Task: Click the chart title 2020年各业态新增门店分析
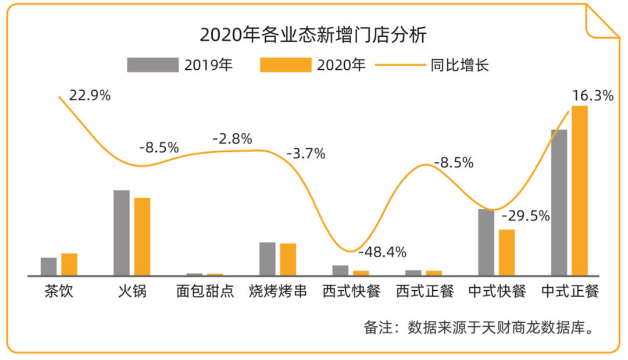[x=313, y=34]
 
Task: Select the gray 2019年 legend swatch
[x=153, y=65]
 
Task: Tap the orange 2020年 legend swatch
[x=286, y=65]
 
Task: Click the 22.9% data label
[x=90, y=95]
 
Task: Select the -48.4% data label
[x=382, y=252]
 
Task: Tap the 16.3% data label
[x=593, y=95]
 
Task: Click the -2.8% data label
[x=232, y=139]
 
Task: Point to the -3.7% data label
[x=306, y=154]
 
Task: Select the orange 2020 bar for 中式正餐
[x=580, y=190]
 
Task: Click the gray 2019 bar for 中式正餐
[x=559, y=202]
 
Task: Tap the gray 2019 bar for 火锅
[x=122, y=232]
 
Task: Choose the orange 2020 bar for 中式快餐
[x=506, y=252]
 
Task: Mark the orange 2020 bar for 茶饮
[x=69, y=264]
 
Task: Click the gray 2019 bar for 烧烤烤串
[x=267, y=258]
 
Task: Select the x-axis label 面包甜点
[x=205, y=291]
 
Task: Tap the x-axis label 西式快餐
[x=352, y=291]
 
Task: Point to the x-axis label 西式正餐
[x=424, y=291]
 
